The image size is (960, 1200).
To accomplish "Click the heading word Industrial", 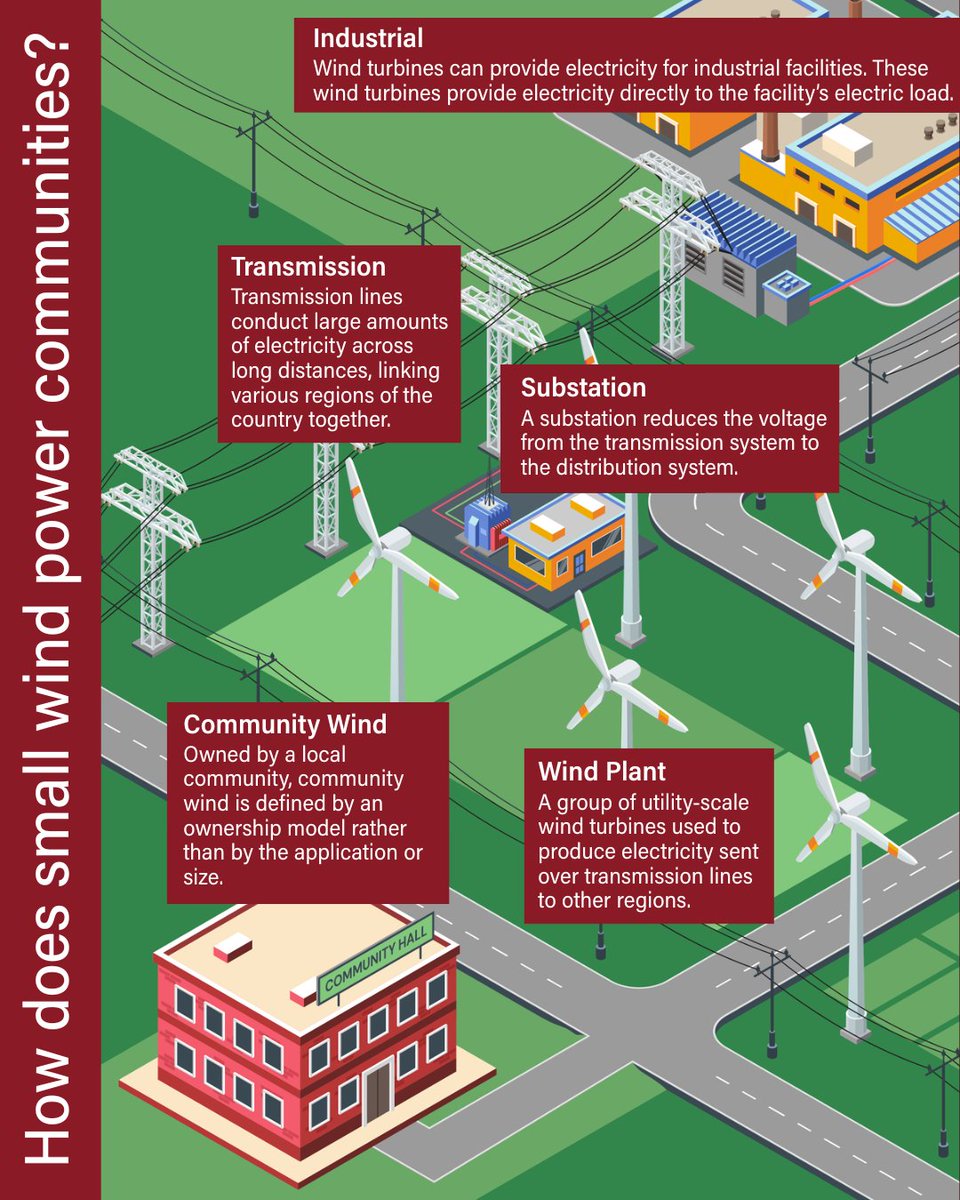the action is point(368,38).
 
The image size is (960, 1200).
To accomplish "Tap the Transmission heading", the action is point(308,267).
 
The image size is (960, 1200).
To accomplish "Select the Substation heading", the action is point(583,388).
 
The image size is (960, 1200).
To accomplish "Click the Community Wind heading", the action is point(285,724).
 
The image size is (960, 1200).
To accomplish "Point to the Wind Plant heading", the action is point(602,771).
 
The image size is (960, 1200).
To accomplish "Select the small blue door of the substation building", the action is point(578,564).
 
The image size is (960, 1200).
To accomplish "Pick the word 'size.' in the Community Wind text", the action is point(204,877).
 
